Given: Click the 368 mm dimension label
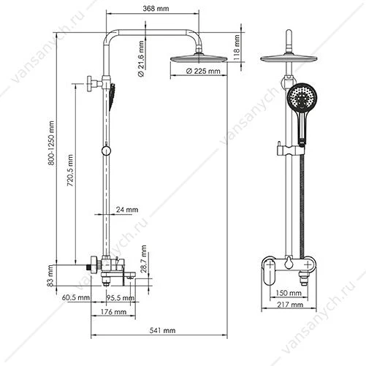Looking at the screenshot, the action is pyautogui.click(x=156, y=9).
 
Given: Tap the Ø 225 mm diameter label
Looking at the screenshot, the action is pyautogui.click(x=203, y=71).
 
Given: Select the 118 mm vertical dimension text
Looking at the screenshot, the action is pyautogui.click(x=237, y=46).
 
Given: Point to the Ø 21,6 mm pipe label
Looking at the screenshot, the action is pyautogui.click(x=141, y=58).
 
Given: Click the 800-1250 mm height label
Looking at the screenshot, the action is pyautogui.click(x=51, y=143).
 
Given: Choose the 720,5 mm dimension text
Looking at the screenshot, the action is pyautogui.click(x=70, y=170).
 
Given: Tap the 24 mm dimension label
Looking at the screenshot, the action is pyautogui.click(x=127, y=210).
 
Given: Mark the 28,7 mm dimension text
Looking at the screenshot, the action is pyautogui.click(x=144, y=259).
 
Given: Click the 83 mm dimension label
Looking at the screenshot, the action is pyautogui.click(x=50, y=275).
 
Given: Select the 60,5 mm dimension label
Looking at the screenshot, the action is pyautogui.click(x=76, y=297).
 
